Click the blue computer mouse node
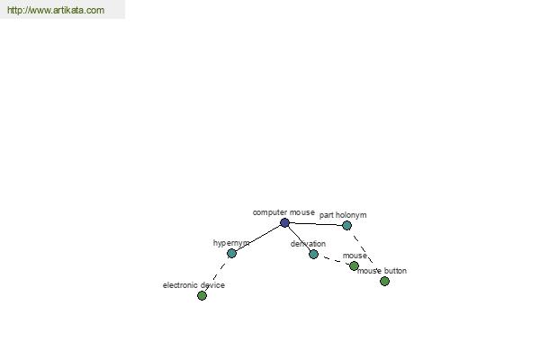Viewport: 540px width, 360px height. coord(284,222)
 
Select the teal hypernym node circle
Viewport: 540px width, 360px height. coord(232,254)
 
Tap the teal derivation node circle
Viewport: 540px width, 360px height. coord(313,254)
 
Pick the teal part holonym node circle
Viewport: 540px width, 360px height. coord(346,226)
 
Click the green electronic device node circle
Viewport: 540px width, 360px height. coord(202,295)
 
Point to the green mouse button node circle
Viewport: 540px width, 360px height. coord(384,282)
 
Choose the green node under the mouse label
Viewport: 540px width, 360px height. coord(354,266)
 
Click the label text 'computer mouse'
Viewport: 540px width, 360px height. coord(283,212)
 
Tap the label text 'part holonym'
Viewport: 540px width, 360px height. coord(343,215)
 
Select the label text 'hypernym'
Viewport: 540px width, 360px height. coord(231,243)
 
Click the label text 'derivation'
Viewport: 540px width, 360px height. coord(308,244)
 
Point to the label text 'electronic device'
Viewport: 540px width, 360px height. coord(193,285)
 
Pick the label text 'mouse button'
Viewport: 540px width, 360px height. coord(382,271)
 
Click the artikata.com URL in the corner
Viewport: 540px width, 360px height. coord(56,10)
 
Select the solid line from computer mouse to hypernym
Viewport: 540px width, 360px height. coord(258,238)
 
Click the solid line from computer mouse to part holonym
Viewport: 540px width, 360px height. coord(316,224)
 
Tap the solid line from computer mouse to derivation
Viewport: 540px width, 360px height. coord(299,238)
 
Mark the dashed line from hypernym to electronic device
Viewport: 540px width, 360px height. coord(217,274)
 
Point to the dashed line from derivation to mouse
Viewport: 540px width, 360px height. coord(334,260)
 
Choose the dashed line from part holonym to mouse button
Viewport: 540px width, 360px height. coord(365,254)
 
